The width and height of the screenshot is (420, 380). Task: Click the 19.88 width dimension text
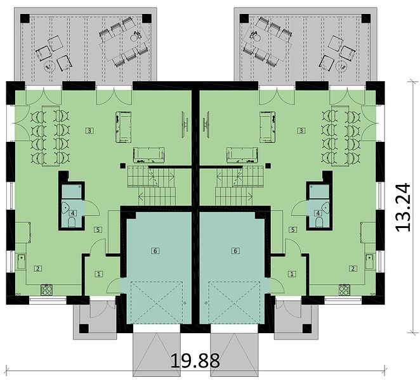195,360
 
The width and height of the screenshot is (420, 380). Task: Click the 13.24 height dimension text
403,207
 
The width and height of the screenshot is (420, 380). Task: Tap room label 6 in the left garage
155,251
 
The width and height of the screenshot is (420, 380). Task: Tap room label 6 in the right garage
235,251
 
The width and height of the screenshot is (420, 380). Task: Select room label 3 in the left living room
89,130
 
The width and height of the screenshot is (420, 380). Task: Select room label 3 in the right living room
301,130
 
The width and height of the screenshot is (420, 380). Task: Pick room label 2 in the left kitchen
38,269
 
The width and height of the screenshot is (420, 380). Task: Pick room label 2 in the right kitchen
353,269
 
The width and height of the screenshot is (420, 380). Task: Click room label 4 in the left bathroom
72,213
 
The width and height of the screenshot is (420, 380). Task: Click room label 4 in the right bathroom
318,213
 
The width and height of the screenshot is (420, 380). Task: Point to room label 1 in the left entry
99,274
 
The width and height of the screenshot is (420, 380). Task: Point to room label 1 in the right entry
292,274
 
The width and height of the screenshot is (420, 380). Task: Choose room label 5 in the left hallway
98,229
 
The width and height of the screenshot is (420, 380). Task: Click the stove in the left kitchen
46,290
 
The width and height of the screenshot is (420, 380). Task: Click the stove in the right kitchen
345,290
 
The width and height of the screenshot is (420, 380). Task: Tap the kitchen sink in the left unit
22,262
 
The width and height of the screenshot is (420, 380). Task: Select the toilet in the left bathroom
72,222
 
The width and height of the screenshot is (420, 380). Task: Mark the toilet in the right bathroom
319,222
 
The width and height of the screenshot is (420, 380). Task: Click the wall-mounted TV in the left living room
185,124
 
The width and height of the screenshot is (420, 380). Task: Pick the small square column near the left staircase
122,166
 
